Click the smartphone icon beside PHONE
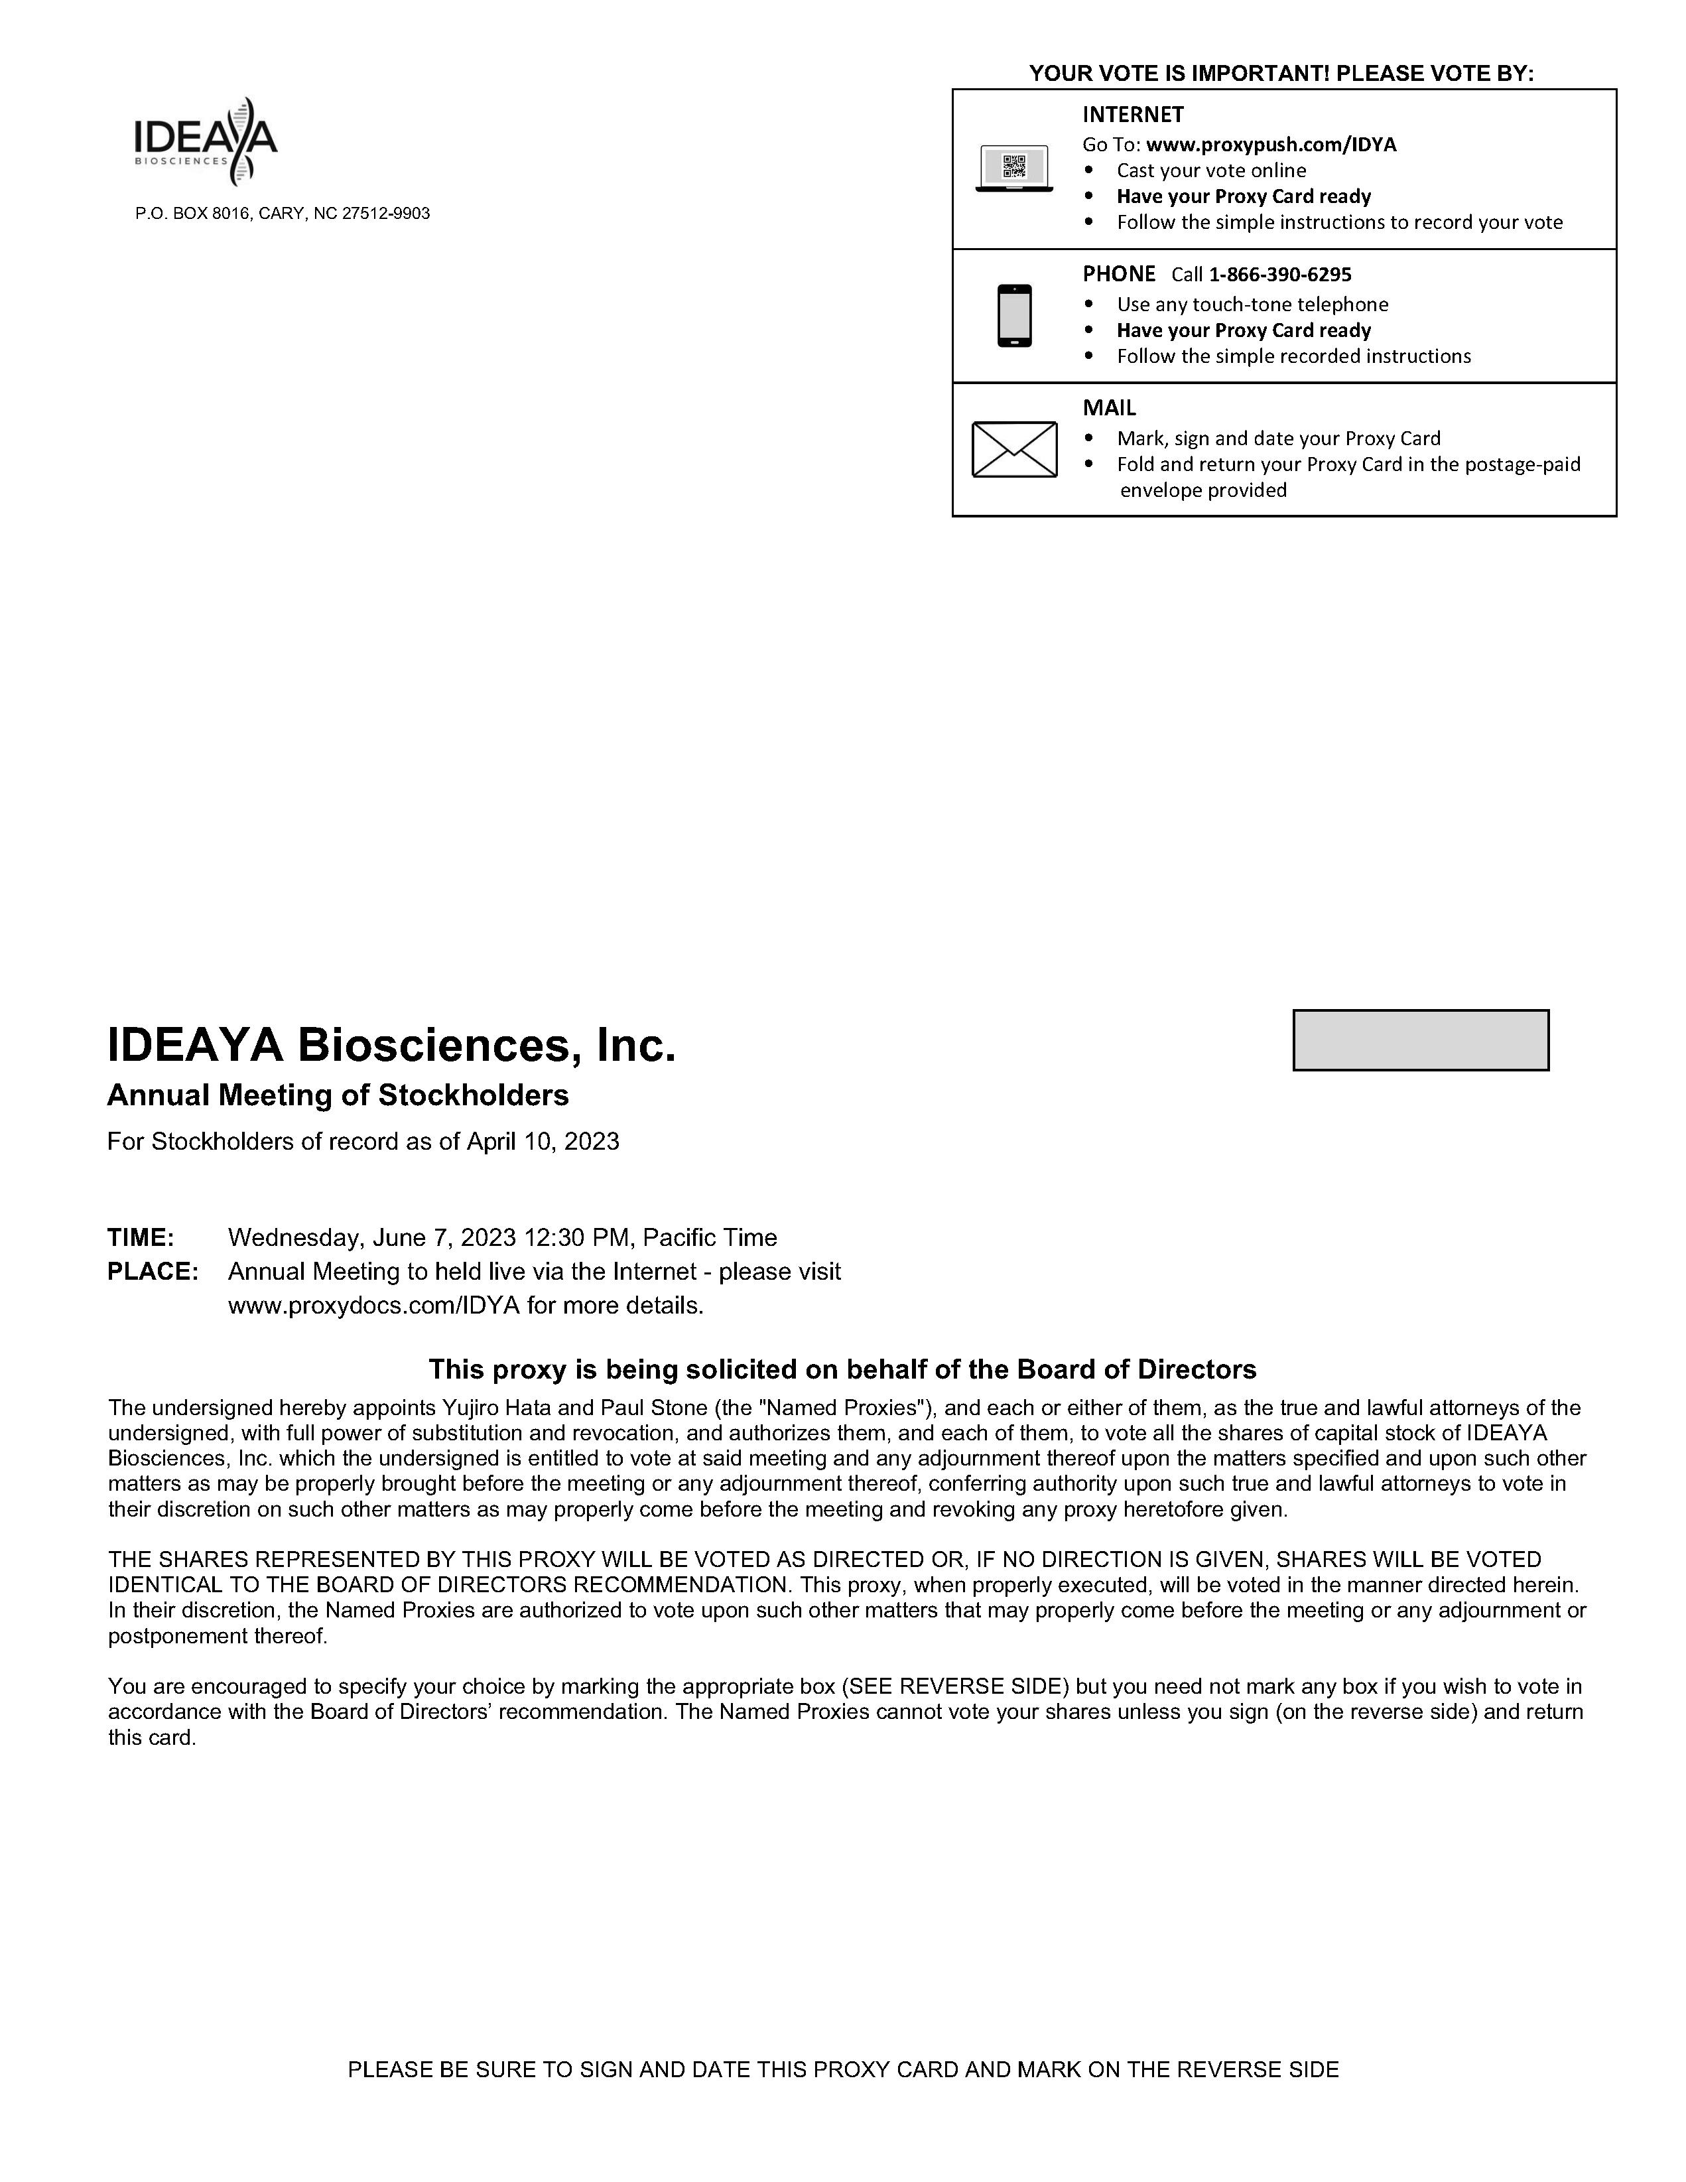point(1014,316)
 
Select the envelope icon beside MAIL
point(1014,448)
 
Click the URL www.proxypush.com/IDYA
point(1271,144)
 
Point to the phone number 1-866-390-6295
point(1279,274)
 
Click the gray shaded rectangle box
point(1420,1040)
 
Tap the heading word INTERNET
point(1133,114)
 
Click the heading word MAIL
point(1109,407)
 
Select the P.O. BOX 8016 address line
point(283,214)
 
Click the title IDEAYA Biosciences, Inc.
point(391,1045)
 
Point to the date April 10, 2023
point(543,1141)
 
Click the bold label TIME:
point(141,1238)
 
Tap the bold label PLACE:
point(153,1272)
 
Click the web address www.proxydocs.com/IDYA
point(373,1306)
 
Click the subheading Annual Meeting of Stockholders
point(338,1095)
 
